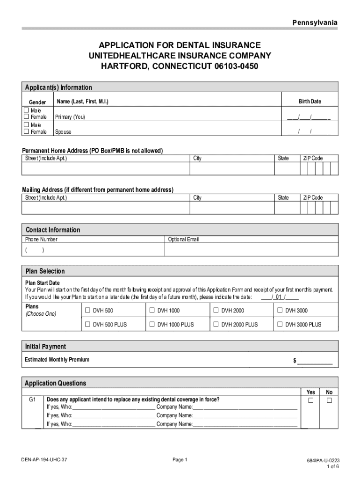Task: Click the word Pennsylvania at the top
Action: point(315,23)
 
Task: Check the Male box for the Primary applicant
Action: point(27,110)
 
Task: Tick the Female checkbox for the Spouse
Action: point(27,132)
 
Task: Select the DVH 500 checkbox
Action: point(87,310)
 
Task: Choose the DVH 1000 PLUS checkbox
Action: point(151,324)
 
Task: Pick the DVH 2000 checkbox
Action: point(216,310)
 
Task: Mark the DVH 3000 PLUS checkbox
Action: point(280,324)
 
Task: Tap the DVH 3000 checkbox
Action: point(280,310)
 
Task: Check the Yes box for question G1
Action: point(310,401)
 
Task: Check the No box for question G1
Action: point(329,401)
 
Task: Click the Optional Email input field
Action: point(252,250)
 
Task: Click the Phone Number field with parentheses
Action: point(94,250)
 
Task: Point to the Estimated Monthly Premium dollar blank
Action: point(315,361)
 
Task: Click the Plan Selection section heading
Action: point(45,271)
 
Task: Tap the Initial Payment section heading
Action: point(45,347)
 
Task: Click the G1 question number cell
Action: point(32,400)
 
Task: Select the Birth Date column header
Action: point(310,102)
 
